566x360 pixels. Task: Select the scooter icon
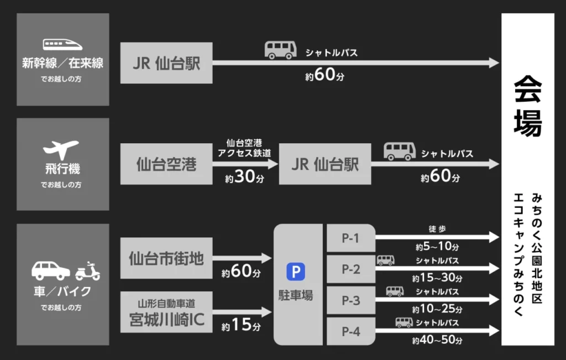pyautogui.click(x=87, y=271)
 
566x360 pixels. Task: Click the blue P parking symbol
pyautogui.click(x=295, y=272)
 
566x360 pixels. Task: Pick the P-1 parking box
pyautogui.click(x=351, y=238)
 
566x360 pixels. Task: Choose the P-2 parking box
pyautogui.click(x=351, y=269)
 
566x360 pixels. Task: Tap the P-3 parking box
pyautogui.click(x=351, y=300)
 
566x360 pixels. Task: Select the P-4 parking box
pyautogui.click(x=351, y=332)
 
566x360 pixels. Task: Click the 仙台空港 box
pyautogui.click(x=166, y=164)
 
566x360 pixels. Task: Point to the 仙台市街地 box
pyautogui.click(x=166, y=258)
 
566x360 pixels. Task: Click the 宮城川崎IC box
pyautogui.click(x=166, y=312)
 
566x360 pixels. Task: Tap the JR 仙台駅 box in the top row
pyautogui.click(x=166, y=63)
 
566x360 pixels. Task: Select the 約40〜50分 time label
pyautogui.click(x=437, y=340)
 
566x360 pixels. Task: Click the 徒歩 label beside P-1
pyautogui.click(x=437, y=229)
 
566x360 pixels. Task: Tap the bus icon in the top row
pyautogui.click(x=281, y=50)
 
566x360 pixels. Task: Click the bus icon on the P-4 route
pyautogui.click(x=404, y=322)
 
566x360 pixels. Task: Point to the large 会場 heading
pyautogui.click(x=527, y=105)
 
